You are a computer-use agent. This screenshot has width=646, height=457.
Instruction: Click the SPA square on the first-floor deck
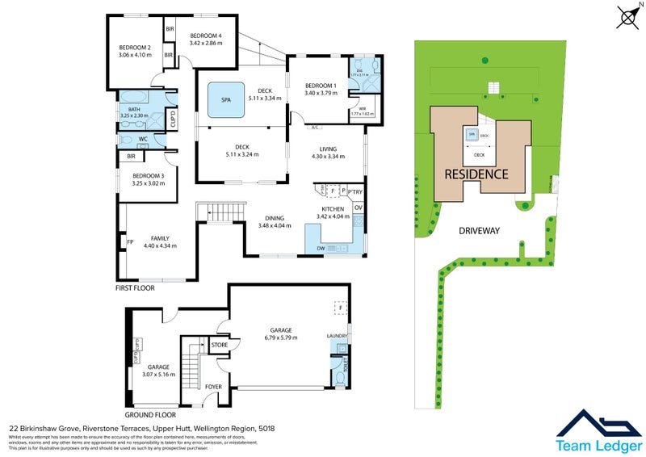click(x=225, y=101)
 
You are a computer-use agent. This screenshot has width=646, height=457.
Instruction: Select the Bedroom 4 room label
click(x=206, y=36)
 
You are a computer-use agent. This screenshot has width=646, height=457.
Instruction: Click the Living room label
click(x=328, y=149)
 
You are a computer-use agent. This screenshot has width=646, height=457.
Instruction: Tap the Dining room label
click(x=274, y=217)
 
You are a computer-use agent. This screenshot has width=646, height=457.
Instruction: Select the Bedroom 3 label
click(x=149, y=175)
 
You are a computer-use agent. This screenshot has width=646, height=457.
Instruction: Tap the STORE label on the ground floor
click(x=219, y=346)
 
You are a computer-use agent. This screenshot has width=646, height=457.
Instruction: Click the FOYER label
click(x=213, y=387)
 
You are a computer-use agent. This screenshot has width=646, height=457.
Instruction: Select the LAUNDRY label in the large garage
click(x=337, y=336)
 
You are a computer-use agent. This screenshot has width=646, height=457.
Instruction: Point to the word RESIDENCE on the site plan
click(x=475, y=174)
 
